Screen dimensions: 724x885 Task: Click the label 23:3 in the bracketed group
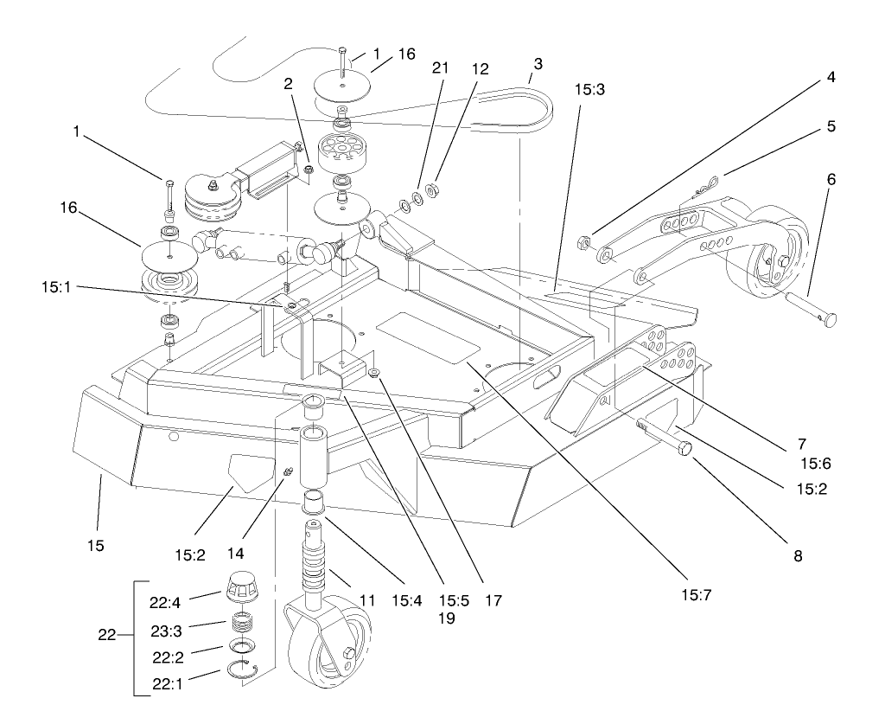tap(188, 624)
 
